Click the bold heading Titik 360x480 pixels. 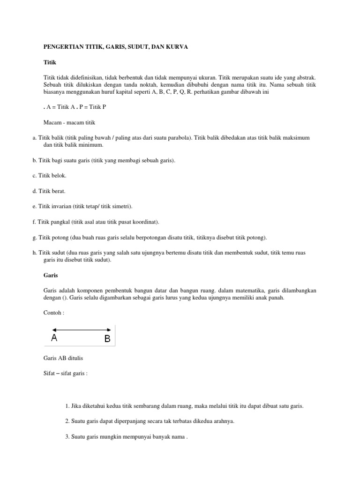[x=49, y=62]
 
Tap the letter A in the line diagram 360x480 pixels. [x=54, y=338]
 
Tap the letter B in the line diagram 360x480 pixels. [x=107, y=338]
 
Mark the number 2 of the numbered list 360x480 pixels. [x=67, y=421]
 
